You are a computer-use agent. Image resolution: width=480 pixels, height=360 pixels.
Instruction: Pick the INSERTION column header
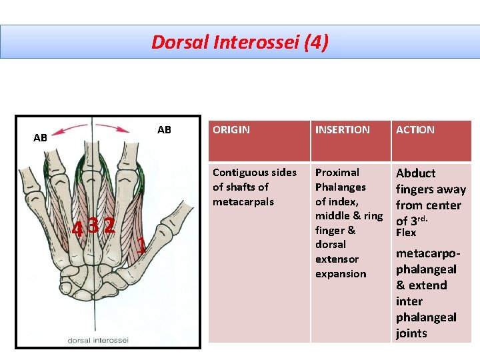tap(342, 130)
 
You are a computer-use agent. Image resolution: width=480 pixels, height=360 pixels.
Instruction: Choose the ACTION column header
tap(415, 130)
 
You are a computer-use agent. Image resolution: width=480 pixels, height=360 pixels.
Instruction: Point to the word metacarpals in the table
tap(243, 201)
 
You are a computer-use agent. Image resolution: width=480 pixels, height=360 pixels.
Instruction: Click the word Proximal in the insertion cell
tap(337, 173)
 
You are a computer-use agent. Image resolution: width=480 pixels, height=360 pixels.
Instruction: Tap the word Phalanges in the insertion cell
tap(340, 187)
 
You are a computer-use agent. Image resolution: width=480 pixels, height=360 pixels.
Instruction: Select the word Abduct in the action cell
tap(415, 173)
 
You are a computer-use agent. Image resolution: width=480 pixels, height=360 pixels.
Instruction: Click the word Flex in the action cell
tap(405, 233)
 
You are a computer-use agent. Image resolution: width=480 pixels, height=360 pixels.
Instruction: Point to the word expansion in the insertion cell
tap(341, 273)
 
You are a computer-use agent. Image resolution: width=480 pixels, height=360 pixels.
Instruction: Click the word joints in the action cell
tap(411, 333)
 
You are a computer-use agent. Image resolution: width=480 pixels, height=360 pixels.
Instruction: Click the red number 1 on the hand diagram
tap(141, 246)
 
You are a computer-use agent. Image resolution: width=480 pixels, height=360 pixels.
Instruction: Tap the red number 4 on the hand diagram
tap(78, 229)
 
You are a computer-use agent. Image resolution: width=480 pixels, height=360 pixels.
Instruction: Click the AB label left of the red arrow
tap(41, 138)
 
